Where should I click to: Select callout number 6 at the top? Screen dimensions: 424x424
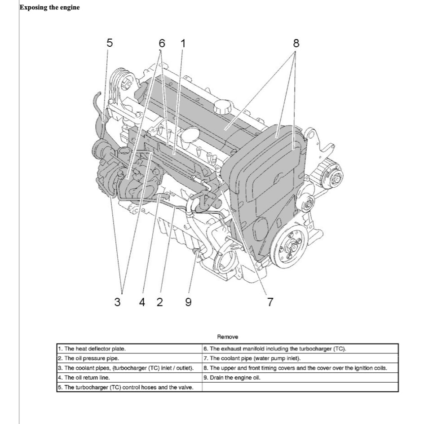(x=162, y=43)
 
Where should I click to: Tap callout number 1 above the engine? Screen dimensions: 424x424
(x=183, y=43)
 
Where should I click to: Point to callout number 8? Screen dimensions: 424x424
(x=296, y=43)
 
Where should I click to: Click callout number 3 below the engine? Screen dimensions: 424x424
(x=117, y=302)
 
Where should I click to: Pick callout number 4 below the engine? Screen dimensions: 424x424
(x=142, y=302)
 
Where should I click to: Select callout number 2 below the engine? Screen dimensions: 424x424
(x=159, y=302)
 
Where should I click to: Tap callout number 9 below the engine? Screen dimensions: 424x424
(x=188, y=302)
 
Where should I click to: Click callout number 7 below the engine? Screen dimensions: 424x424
(x=270, y=302)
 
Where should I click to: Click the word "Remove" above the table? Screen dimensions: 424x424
(x=228, y=337)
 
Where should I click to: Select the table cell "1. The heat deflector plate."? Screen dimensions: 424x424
(x=129, y=349)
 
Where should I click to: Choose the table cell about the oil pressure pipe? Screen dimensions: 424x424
(x=129, y=358)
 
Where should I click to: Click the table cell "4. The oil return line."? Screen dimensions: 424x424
(x=129, y=377)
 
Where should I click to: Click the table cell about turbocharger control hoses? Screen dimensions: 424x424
(x=129, y=387)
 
